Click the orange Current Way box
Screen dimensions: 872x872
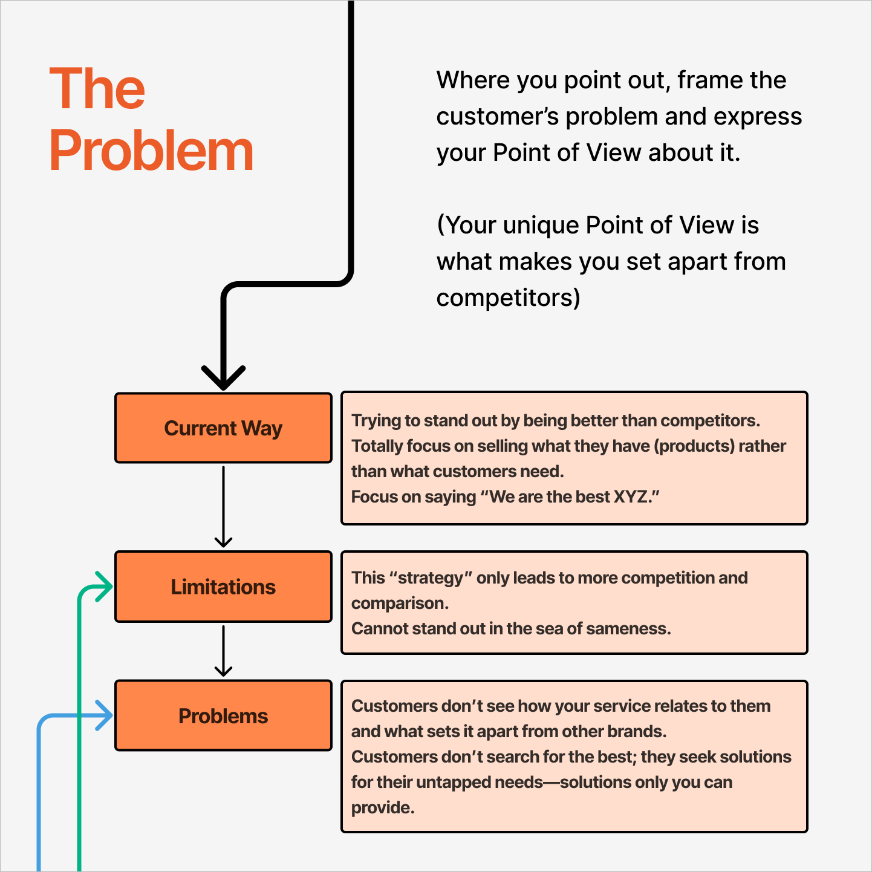point(223,428)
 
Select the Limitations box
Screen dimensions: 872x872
point(223,587)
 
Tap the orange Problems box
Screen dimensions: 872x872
point(223,716)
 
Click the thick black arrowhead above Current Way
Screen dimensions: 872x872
point(223,377)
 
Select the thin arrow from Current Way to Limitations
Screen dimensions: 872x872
point(223,507)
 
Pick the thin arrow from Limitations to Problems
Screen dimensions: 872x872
point(223,651)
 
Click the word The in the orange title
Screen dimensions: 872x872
point(97,89)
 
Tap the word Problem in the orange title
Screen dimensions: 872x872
point(151,151)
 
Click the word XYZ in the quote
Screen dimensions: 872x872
point(631,497)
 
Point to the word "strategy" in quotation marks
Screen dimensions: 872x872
point(431,578)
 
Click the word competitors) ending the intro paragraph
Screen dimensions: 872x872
point(508,298)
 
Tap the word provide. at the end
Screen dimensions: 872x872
point(383,808)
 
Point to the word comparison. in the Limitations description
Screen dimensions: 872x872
point(400,604)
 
